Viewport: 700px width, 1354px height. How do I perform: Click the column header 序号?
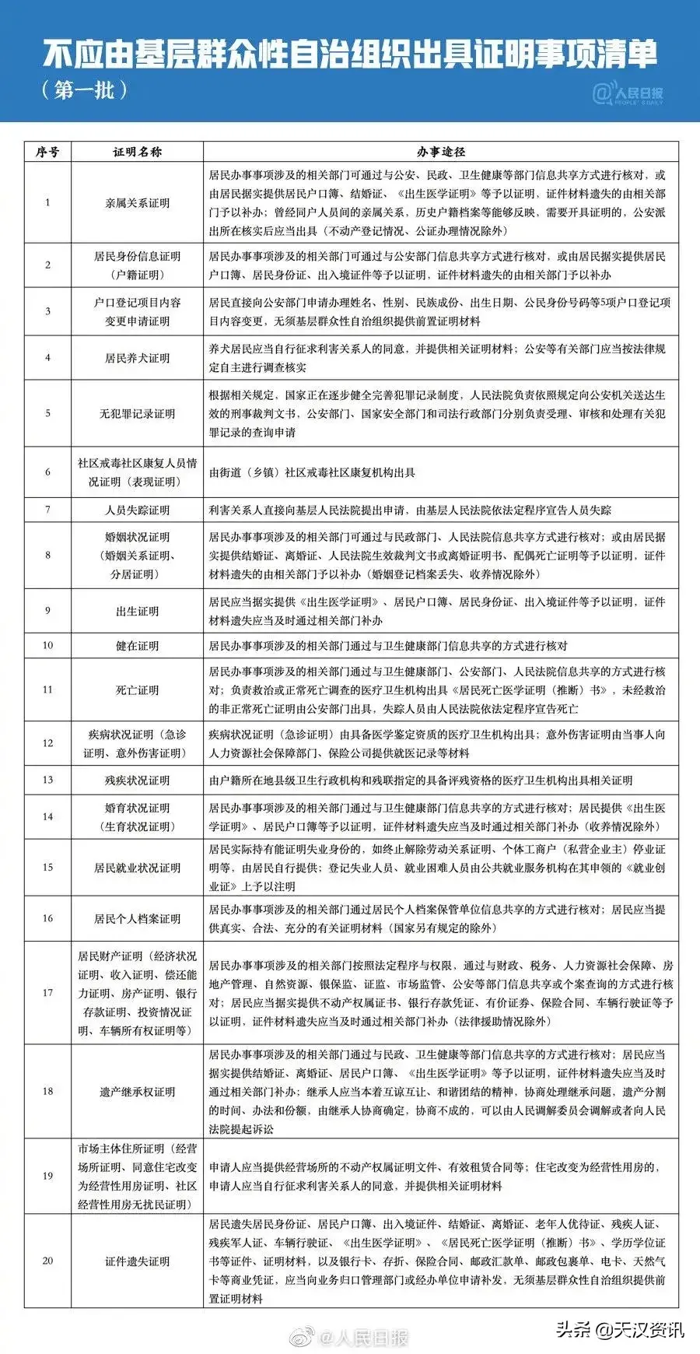pyautogui.click(x=47, y=152)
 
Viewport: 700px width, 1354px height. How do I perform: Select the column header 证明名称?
pyautogui.click(x=137, y=152)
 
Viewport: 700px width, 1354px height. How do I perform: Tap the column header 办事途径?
pyautogui.click(x=440, y=152)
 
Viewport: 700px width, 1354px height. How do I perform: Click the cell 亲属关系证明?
pyautogui.click(x=137, y=203)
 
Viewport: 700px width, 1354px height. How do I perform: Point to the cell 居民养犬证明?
pyautogui.click(x=137, y=358)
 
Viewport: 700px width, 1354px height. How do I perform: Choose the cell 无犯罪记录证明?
pyautogui.click(x=137, y=414)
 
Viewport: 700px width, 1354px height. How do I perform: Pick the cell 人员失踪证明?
pyautogui.click(x=137, y=510)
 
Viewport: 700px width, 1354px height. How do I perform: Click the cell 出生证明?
pyautogui.click(x=137, y=612)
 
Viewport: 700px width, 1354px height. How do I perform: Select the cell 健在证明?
pyautogui.click(x=137, y=646)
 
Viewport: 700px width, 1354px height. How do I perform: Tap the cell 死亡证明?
pyautogui.click(x=137, y=690)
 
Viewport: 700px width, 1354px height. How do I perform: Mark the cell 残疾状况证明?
pyautogui.click(x=137, y=780)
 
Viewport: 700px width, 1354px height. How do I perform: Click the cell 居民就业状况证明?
pyautogui.click(x=137, y=868)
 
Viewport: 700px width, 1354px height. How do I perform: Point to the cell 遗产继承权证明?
pyautogui.click(x=137, y=1092)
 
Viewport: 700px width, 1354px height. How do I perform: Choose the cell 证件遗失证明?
pyautogui.click(x=137, y=1261)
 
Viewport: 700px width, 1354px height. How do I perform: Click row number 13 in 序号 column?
pyautogui.click(x=47, y=780)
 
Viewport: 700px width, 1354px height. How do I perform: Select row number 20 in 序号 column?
pyautogui.click(x=47, y=1261)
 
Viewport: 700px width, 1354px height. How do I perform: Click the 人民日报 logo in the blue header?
pyautogui.click(x=628, y=94)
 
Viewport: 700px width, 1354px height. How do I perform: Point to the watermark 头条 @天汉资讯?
pyautogui.click(x=619, y=1329)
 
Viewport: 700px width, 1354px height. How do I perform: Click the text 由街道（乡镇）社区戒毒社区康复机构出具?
pyautogui.click(x=312, y=472)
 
